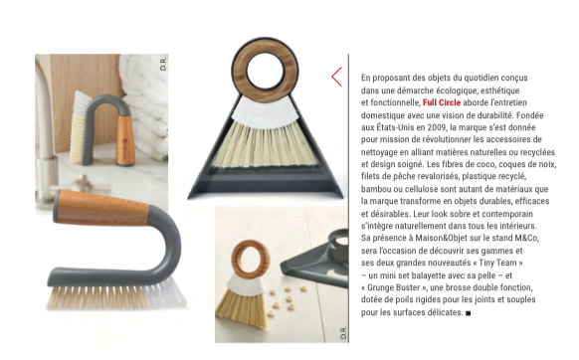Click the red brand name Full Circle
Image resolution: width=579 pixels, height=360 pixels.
point(442,102)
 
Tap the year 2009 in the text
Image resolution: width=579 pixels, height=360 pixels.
point(437,127)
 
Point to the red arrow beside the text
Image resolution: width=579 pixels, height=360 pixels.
point(336,77)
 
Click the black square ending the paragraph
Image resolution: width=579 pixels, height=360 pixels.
point(469,313)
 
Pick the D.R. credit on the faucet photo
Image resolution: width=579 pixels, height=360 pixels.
point(163,64)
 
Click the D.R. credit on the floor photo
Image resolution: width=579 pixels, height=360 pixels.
point(343,333)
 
